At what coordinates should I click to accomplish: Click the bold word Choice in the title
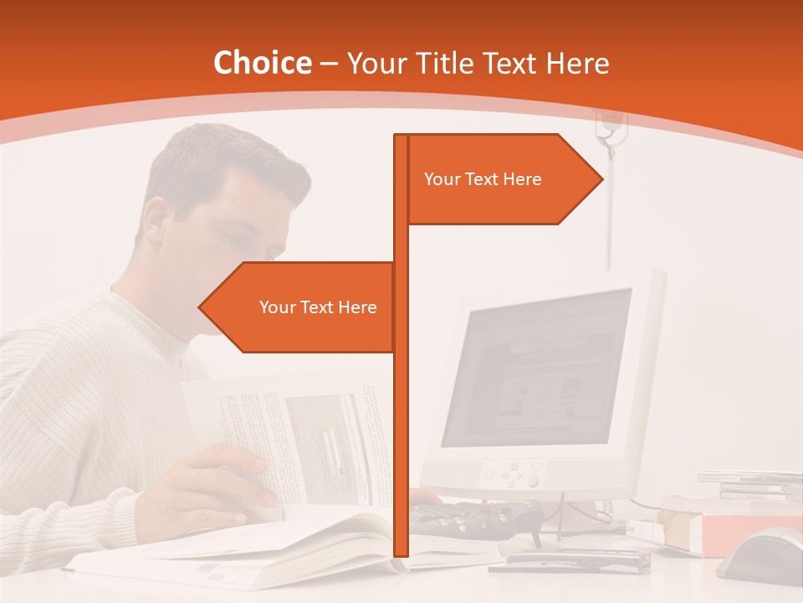[262, 63]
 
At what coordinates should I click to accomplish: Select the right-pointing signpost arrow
[502, 178]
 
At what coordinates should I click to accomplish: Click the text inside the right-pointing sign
[483, 178]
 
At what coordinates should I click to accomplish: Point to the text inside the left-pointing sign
[318, 307]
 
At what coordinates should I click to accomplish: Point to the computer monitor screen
[535, 368]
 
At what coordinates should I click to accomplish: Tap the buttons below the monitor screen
[514, 475]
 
